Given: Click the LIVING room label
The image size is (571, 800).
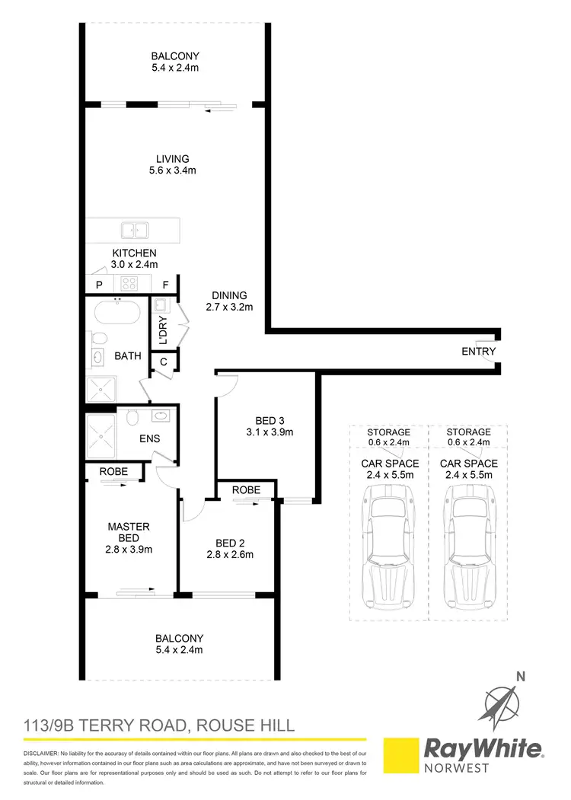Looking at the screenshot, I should pos(172,159).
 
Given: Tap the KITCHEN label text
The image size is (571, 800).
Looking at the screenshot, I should pos(135,253).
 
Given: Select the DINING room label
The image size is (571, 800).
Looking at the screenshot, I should pos(229,296).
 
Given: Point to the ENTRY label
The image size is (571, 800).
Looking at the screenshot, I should pos(478,352).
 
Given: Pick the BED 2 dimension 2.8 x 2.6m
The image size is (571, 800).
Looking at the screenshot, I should pos(234,555).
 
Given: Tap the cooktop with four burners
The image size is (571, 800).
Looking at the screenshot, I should pos(127,284).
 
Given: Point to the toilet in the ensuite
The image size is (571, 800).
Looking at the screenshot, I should pos(131,418).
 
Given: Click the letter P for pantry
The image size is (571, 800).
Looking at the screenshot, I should pos(98,285).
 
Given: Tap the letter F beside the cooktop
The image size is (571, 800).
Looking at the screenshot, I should pos(165,285).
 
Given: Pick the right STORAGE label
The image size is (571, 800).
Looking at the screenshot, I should pos(468,432).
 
